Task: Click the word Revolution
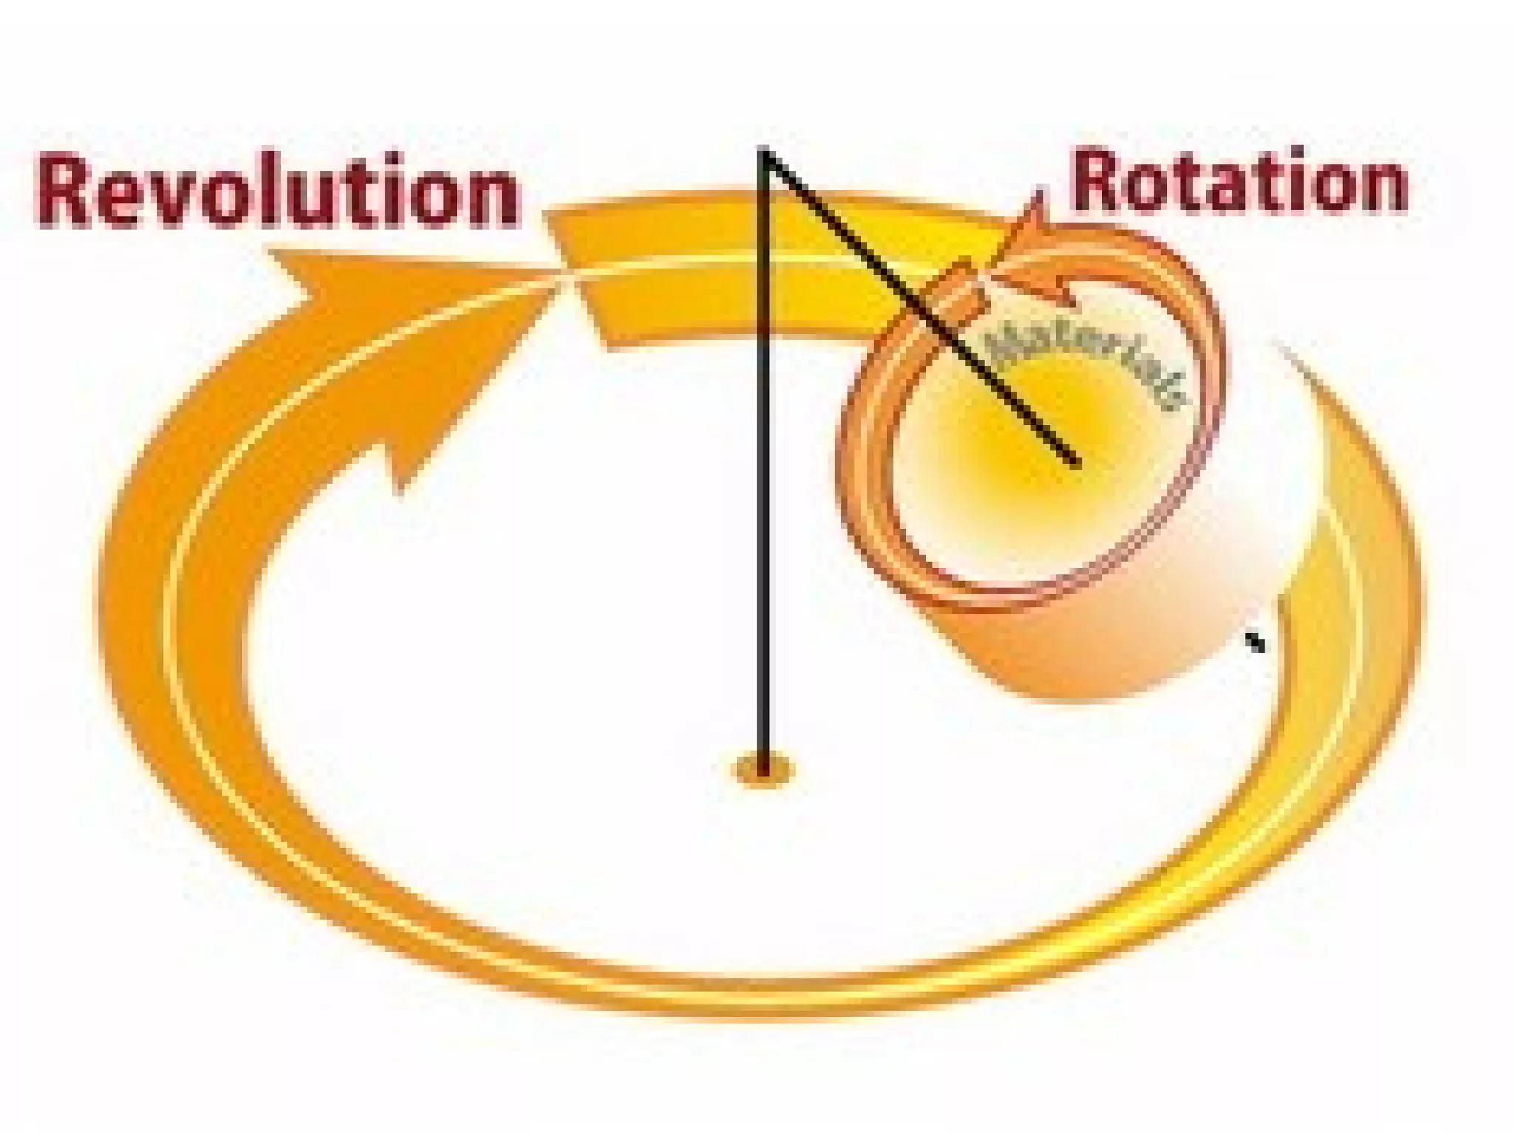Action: pyautogui.click(x=277, y=190)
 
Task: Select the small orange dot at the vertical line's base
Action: pyautogui.click(x=763, y=772)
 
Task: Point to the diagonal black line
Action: pyautogui.click(x=923, y=310)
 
